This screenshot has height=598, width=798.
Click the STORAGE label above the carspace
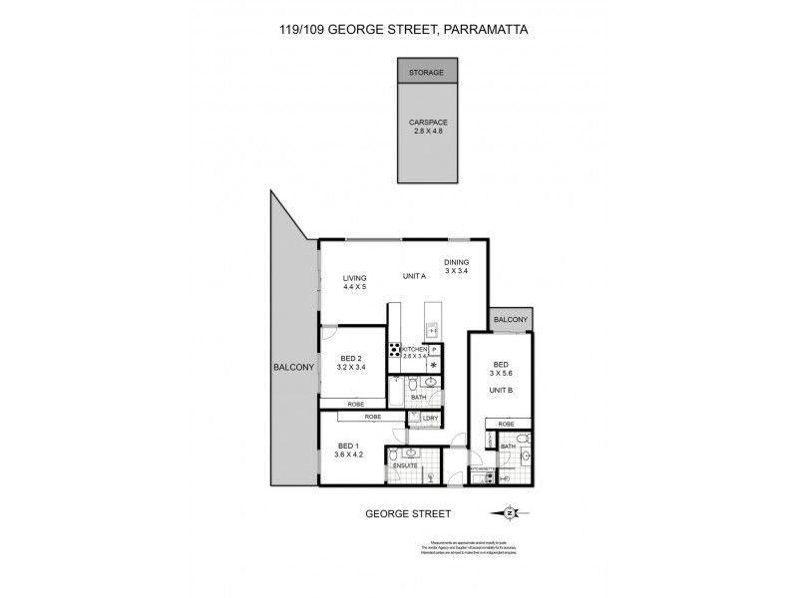pyautogui.click(x=427, y=72)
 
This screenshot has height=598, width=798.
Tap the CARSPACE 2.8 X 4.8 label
pyautogui.click(x=427, y=128)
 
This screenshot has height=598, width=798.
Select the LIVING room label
pyautogui.click(x=355, y=282)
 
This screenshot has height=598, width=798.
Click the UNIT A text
pyautogui.click(x=414, y=276)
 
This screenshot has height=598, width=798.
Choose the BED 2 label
pyautogui.click(x=349, y=363)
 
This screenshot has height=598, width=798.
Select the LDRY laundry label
pyautogui.click(x=430, y=418)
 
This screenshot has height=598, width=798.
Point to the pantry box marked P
pyautogui.click(x=434, y=349)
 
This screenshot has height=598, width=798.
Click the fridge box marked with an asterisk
pyautogui.click(x=434, y=365)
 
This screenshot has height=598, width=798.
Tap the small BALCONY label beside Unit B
pyautogui.click(x=510, y=319)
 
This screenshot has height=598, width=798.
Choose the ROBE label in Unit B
pyautogui.click(x=501, y=424)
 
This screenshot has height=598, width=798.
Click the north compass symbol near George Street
pyautogui.click(x=511, y=513)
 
